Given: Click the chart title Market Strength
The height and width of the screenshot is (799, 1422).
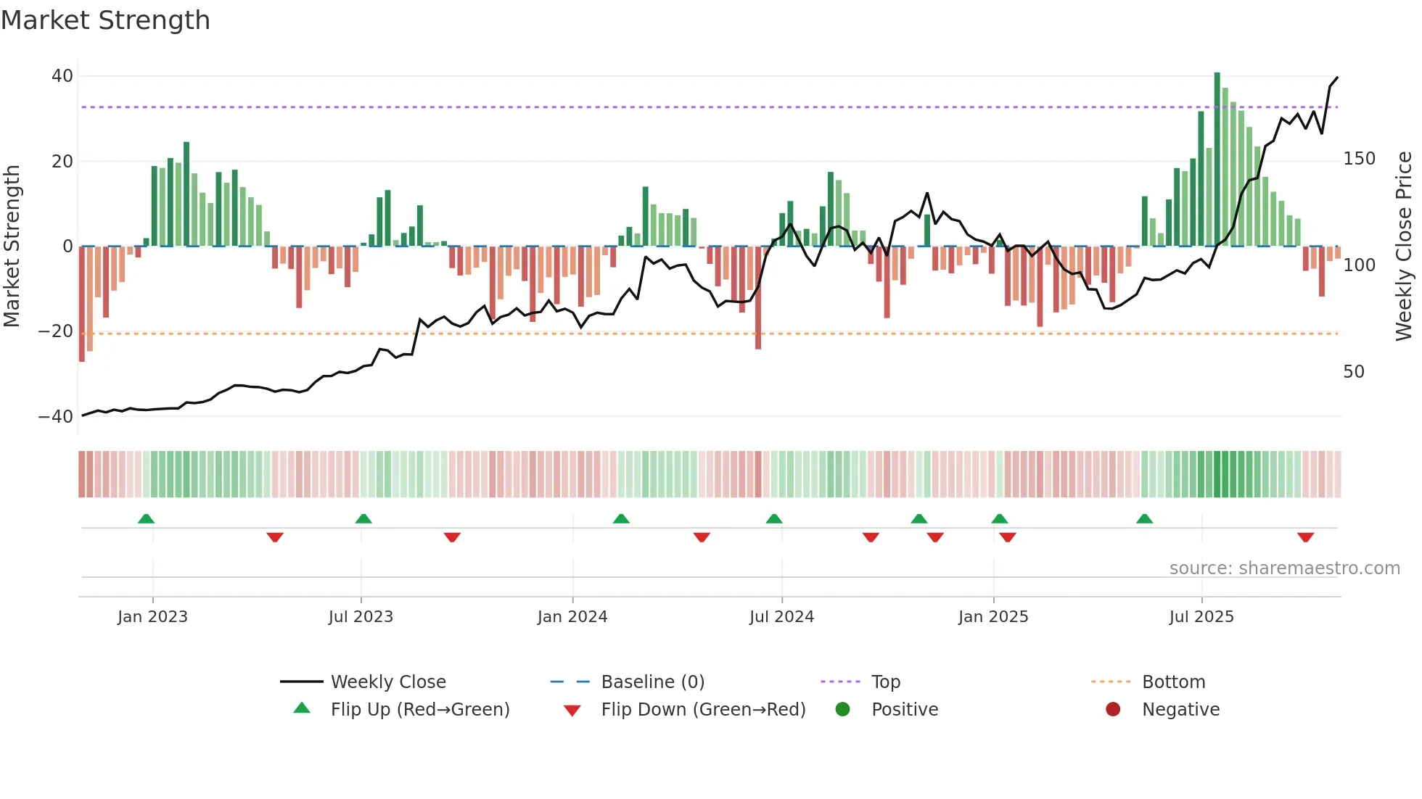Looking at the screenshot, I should click(x=105, y=20).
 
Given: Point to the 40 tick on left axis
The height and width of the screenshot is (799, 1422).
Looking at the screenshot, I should click(x=62, y=76).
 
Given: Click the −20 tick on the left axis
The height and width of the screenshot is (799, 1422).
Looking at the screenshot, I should click(x=56, y=331).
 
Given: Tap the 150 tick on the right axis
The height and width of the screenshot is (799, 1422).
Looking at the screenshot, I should click(x=1359, y=159).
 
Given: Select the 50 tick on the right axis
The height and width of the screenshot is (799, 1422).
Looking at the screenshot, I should click(x=1354, y=372).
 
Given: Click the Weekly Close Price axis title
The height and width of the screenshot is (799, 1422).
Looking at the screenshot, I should click(x=1404, y=247).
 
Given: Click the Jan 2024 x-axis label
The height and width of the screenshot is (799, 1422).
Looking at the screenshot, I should click(x=572, y=617).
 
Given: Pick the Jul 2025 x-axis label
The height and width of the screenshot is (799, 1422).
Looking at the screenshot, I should click(x=1201, y=617).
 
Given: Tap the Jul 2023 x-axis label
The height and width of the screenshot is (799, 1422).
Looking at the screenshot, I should click(x=361, y=617).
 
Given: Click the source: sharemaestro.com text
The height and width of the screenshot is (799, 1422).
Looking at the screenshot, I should click(x=1284, y=568).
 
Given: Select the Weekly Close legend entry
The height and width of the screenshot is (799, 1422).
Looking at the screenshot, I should click(x=387, y=682).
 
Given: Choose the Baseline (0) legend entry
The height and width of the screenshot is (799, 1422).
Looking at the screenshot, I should click(x=652, y=682).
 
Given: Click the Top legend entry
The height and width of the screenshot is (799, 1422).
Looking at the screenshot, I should click(x=885, y=682).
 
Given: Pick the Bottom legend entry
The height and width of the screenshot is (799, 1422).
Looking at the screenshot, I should click(x=1173, y=682).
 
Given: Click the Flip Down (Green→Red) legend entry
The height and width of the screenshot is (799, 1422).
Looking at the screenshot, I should click(x=702, y=710).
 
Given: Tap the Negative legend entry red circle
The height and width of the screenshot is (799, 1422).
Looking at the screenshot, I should click(x=1113, y=710).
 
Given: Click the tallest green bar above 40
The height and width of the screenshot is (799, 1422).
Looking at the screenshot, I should click(x=1217, y=160).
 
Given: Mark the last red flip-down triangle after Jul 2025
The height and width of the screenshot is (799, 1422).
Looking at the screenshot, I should click(x=1306, y=537).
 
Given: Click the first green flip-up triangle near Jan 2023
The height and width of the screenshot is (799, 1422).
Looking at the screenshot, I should click(x=146, y=518).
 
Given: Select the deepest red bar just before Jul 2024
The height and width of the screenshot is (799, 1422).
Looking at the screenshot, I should click(x=758, y=297).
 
